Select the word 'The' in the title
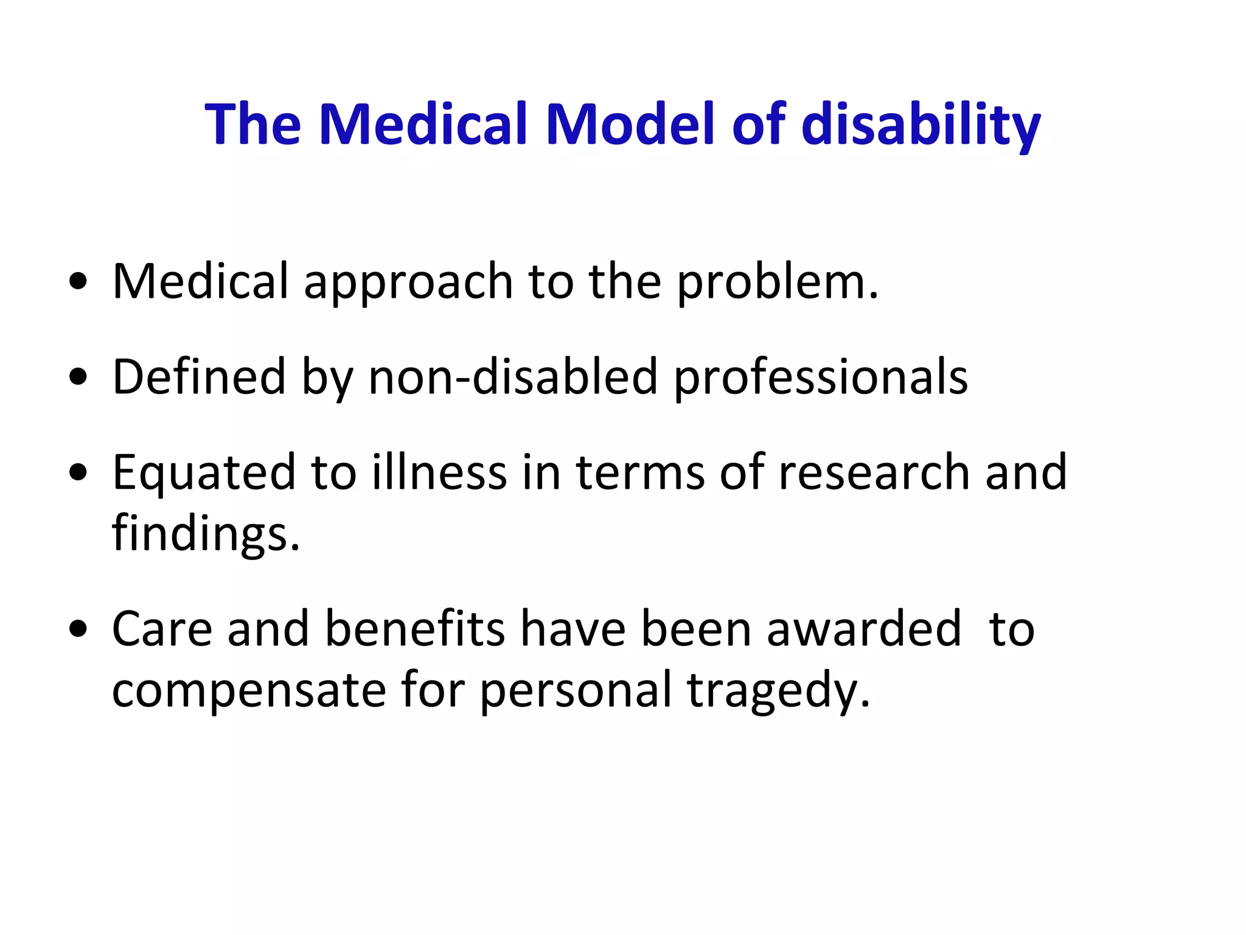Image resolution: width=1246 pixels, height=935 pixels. tap(252, 124)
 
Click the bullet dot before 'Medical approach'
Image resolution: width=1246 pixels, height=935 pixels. tap(78, 281)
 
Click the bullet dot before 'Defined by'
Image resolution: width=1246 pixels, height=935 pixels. tap(78, 377)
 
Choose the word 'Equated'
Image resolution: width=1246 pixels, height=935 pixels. tap(204, 474)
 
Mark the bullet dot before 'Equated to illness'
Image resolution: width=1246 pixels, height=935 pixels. tap(78, 472)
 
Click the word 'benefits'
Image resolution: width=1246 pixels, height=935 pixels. tap(415, 629)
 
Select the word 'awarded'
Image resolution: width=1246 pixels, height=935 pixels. tap(864, 629)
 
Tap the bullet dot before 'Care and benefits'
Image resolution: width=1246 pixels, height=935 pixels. tap(78, 629)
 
